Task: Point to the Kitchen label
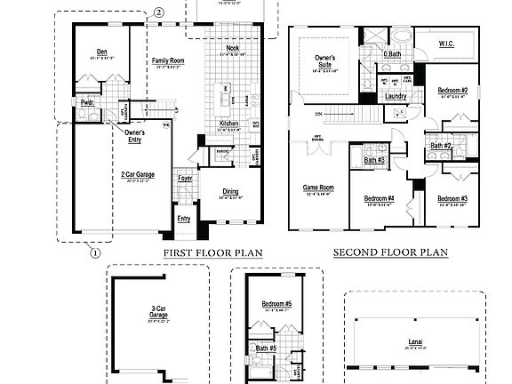(228, 124)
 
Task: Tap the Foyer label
(185, 178)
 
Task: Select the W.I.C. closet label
(447, 43)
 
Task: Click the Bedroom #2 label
(452, 91)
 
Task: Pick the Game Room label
(318, 188)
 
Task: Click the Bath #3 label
(374, 160)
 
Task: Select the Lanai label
(415, 340)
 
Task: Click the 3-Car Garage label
(158, 312)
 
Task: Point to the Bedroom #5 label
(276, 305)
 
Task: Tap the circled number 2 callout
(158, 12)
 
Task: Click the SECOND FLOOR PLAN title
(390, 252)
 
